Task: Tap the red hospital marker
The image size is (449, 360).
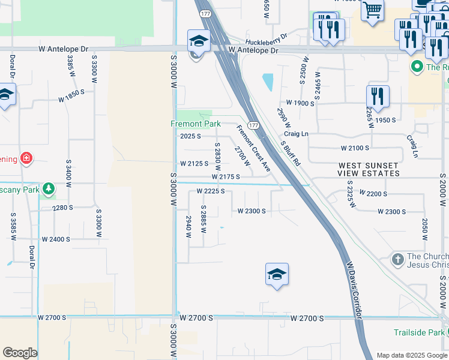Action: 26,159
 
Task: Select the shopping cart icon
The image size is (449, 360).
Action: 372,11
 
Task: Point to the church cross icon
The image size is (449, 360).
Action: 397,260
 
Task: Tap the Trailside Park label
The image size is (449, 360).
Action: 420,332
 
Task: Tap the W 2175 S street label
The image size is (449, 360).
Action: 226,177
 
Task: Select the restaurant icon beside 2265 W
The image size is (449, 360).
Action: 377,96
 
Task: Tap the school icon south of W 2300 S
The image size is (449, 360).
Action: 277,274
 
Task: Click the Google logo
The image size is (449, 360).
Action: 20,353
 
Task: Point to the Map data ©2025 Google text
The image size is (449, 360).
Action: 411,355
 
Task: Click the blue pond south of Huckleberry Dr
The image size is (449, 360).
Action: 267,82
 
